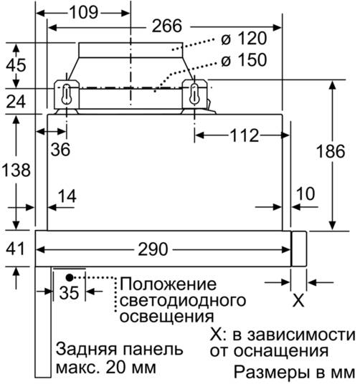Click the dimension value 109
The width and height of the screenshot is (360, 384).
click(x=84, y=12)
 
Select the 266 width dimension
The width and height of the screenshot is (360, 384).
click(x=167, y=26)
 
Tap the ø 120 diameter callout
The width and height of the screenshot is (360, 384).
click(x=244, y=39)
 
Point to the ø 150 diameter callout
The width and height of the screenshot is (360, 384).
click(x=244, y=60)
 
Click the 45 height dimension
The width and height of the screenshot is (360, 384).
click(x=16, y=65)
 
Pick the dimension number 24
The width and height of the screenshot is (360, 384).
click(x=16, y=102)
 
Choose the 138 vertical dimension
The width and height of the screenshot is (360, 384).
click(x=16, y=170)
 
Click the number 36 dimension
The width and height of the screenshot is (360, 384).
click(x=60, y=150)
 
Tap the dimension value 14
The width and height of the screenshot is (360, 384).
click(x=67, y=196)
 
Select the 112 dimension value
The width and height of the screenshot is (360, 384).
click(x=245, y=135)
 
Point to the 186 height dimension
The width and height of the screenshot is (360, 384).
click(x=331, y=151)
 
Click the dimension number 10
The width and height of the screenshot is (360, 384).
click(x=305, y=194)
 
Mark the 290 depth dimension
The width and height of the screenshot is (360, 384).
click(x=153, y=249)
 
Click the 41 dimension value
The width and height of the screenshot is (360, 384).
click(x=15, y=249)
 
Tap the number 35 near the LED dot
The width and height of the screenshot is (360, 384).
click(x=69, y=292)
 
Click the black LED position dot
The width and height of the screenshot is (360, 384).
click(x=70, y=277)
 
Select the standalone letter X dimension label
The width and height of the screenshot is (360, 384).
click(x=298, y=300)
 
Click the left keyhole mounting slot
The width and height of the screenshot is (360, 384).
click(x=67, y=94)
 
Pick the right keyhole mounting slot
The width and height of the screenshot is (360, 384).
click(x=194, y=94)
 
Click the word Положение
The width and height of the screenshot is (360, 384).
click(x=168, y=284)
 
